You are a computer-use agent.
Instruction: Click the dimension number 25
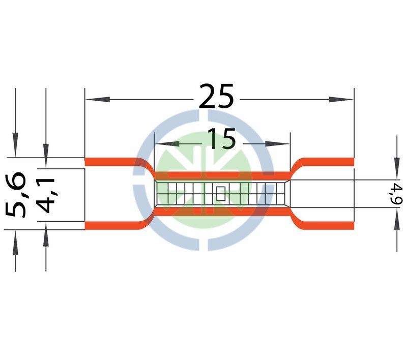[216, 96]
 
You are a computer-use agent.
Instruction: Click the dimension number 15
[222, 139]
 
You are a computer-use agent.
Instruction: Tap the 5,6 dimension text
[16, 195]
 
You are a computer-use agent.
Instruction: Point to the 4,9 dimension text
[398, 194]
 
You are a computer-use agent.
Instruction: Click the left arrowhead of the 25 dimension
[98, 99]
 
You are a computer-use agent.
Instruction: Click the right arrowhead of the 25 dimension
[341, 99]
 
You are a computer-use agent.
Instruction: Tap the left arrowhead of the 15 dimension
[167, 143]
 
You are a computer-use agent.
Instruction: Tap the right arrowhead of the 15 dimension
[277, 143]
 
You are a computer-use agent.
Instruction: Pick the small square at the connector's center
[221, 194]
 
